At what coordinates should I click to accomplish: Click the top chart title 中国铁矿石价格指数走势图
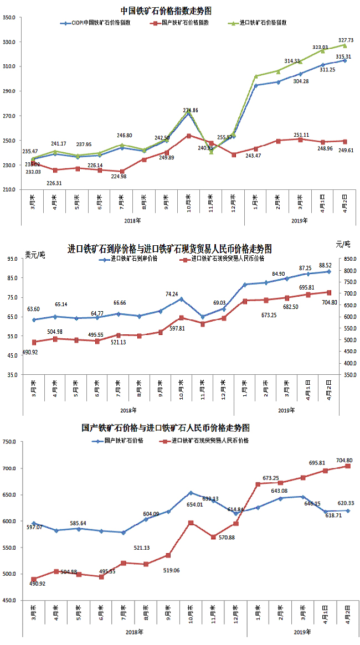(166, 11)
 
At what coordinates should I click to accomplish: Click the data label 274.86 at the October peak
(190, 111)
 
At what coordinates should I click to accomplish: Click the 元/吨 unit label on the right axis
(343, 244)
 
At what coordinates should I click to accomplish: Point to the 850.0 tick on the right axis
(347, 259)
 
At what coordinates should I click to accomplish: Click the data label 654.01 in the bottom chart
(193, 504)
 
